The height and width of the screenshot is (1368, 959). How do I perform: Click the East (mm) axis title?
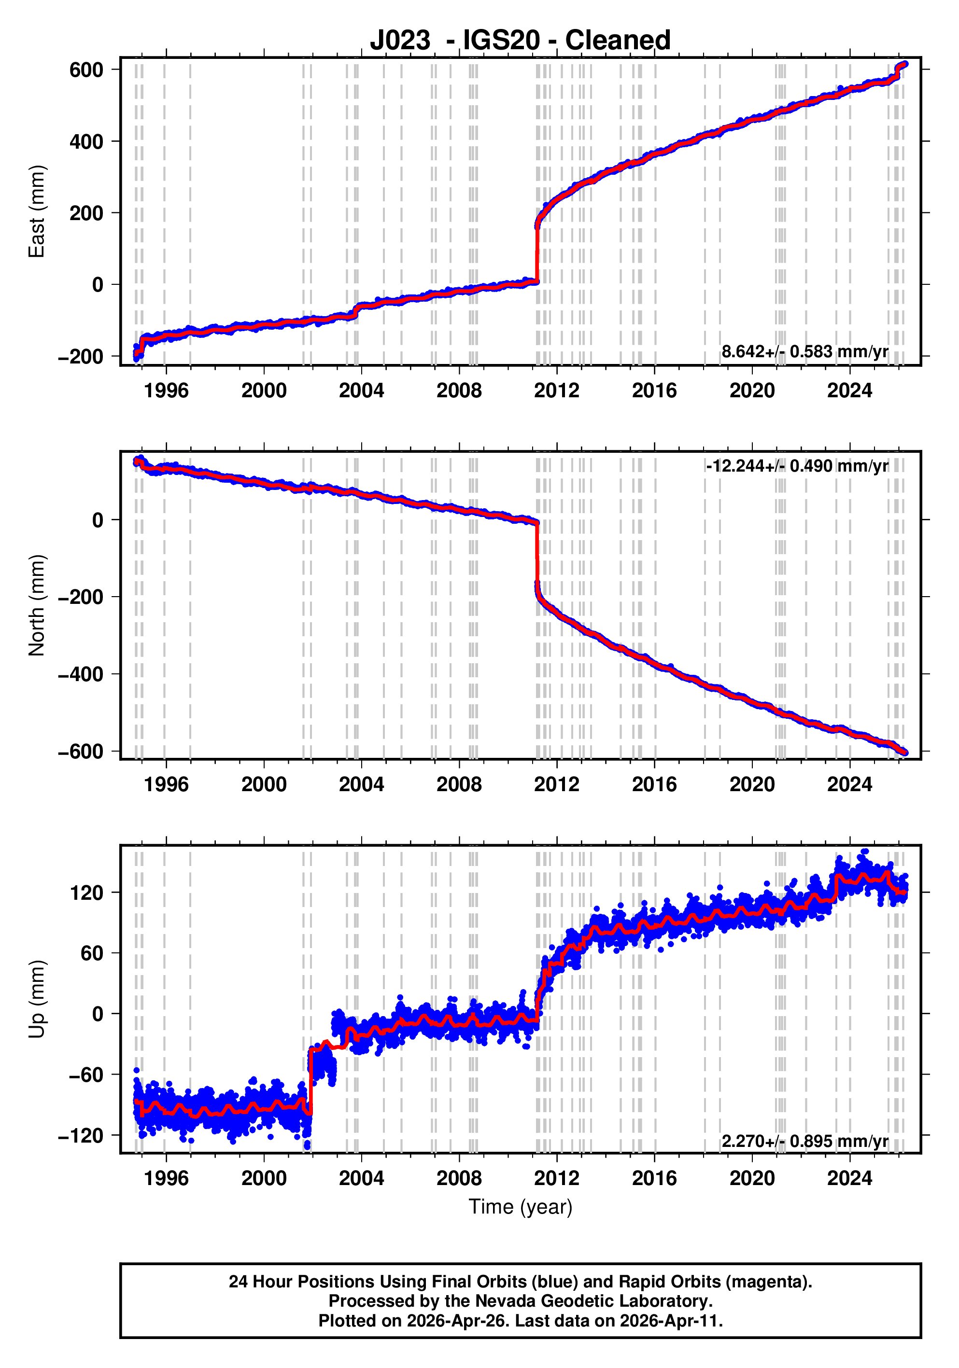(37, 211)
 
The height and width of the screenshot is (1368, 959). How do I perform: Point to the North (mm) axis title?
(37, 605)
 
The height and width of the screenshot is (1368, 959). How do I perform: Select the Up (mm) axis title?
(37, 999)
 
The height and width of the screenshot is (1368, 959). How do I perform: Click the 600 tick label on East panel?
(86, 70)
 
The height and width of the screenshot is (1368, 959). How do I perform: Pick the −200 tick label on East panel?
(81, 357)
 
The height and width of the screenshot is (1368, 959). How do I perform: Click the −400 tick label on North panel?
(81, 674)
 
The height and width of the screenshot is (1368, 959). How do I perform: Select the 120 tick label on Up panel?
(86, 893)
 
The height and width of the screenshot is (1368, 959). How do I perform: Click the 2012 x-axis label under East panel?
(556, 391)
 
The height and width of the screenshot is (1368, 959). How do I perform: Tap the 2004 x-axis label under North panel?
(361, 785)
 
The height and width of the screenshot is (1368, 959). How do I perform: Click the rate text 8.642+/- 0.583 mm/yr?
(804, 351)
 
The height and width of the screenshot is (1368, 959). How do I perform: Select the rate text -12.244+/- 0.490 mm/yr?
(796, 465)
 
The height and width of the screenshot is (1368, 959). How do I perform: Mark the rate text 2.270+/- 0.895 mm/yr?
(804, 1141)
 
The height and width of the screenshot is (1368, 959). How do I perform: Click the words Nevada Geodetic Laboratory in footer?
(593, 1301)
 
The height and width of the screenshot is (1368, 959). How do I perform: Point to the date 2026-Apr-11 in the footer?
(669, 1320)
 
